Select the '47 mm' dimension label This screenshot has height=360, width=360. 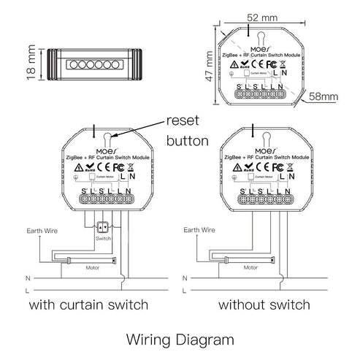(x=210, y=66)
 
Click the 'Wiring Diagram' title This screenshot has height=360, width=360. (x=179, y=339)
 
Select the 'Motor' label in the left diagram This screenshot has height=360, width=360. (x=90, y=267)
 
